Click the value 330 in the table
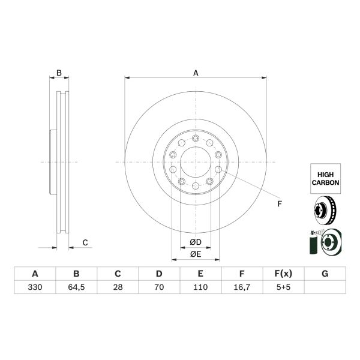(x=35, y=287)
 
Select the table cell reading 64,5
(x=76, y=287)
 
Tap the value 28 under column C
(x=118, y=287)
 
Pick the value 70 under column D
(x=159, y=287)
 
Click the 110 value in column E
(x=200, y=287)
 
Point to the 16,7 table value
(x=242, y=287)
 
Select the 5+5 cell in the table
(x=283, y=287)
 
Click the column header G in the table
(x=325, y=274)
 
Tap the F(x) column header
(x=283, y=274)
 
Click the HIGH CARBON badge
(x=325, y=177)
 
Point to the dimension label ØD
(x=195, y=242)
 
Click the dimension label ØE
(x=195, y=254)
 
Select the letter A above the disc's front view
(x=196, y=73)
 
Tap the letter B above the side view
(x=59, y=73)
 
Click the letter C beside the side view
(x=85, y=242)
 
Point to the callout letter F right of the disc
(x=279, y=204)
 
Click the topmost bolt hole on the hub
(x=196, y=138)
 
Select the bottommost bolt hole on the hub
(x=196, y=187)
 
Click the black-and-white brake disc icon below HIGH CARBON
(x=325, y=211)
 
